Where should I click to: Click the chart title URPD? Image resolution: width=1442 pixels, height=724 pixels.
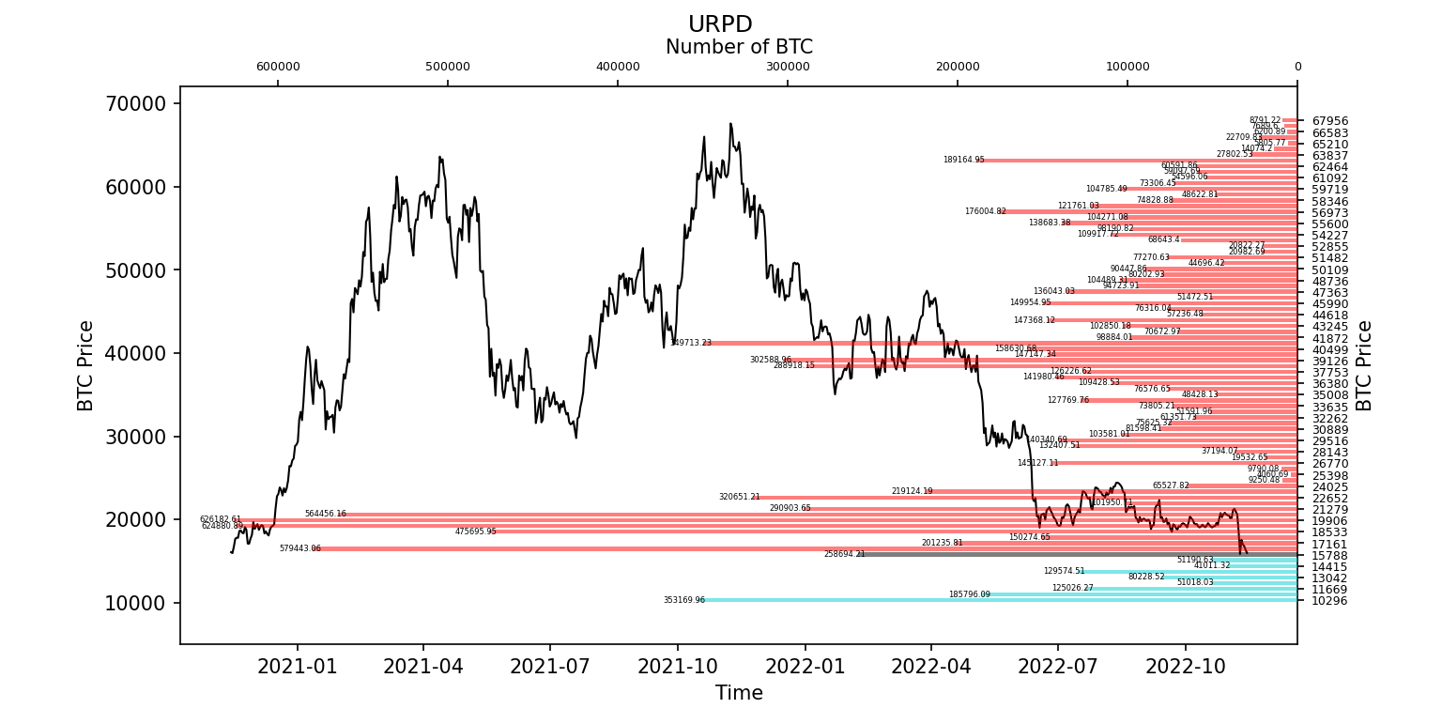point(720,25)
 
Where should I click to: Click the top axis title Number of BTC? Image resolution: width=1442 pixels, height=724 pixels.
point(739,47)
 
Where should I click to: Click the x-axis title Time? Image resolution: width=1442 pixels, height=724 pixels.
point(739,694)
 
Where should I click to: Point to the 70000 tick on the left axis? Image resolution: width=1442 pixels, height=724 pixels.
point(141,103)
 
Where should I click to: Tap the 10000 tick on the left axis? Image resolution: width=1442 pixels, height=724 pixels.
point(141,603)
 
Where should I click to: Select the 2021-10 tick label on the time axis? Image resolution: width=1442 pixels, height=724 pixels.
point(677,666)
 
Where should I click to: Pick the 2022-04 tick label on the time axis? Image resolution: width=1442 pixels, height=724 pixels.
point(931,666)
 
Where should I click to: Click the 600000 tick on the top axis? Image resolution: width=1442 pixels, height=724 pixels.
point(278,67)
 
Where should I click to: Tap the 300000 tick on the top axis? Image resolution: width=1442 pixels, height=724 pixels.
point(788,67)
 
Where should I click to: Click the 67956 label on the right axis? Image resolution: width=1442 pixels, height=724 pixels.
point(1329,121)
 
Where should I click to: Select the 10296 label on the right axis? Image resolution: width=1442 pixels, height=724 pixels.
point(1329,601)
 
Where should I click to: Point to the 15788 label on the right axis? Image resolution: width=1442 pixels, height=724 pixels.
point(1329,555)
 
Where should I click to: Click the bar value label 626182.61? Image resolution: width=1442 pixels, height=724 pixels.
point(221,519)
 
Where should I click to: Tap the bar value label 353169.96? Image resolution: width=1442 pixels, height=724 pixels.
point(684,600)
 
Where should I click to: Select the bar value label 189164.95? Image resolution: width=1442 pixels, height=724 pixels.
point(963,160)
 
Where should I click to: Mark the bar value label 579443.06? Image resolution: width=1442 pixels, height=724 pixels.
point(300,548)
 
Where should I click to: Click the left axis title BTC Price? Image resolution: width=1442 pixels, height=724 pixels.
point(86,365)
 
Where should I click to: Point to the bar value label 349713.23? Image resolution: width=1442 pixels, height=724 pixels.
point(691,343)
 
